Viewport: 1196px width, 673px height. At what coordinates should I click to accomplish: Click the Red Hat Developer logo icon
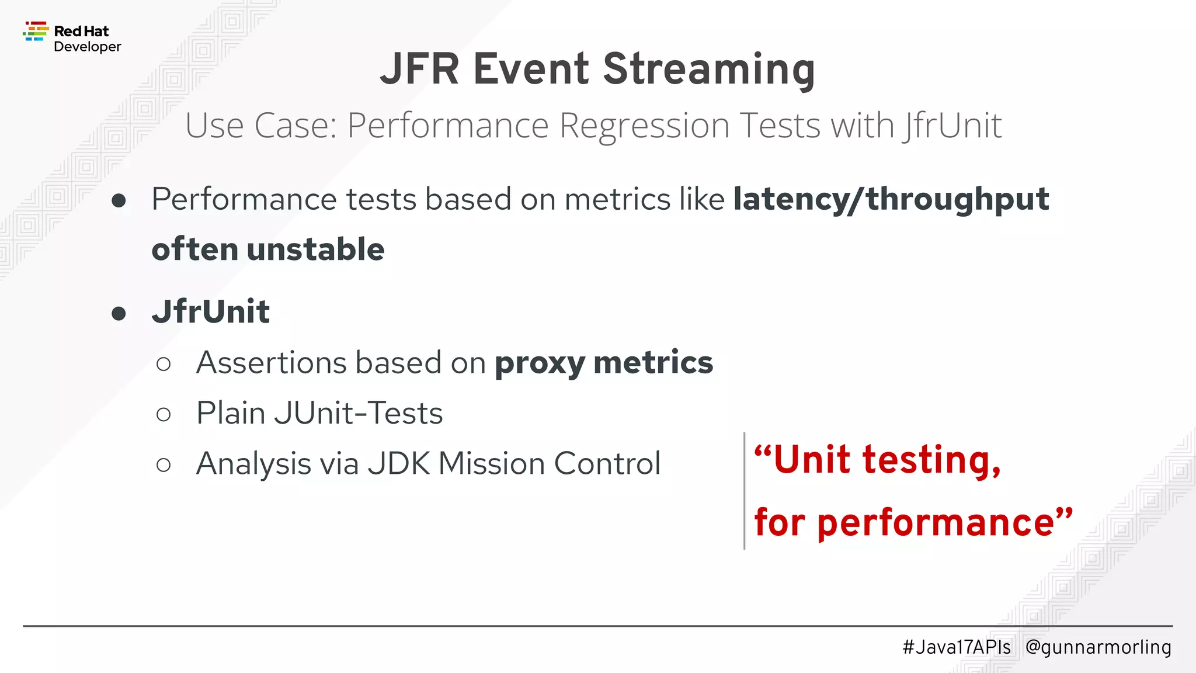coord(35,32)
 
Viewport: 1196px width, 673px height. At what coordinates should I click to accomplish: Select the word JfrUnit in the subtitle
coord(952,126)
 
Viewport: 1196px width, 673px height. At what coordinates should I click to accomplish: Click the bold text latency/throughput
coord(891,200)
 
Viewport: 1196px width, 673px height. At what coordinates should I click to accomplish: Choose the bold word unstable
coord(315,249)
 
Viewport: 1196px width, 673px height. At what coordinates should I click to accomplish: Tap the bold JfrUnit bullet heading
coord(211,311)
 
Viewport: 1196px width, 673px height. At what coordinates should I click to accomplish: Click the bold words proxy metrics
coord(603,363)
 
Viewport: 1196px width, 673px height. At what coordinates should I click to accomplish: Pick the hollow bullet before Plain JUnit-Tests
coord(164,415)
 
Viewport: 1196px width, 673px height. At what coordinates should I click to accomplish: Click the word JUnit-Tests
coord(358,414)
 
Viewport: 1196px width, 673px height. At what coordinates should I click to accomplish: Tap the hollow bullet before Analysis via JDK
coord(164,465)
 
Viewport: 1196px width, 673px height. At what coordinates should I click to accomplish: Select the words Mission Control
coord(549,464)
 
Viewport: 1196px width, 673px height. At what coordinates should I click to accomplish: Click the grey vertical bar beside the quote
coord(744,491)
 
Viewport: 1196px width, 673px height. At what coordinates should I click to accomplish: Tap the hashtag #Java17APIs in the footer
coord(956,647)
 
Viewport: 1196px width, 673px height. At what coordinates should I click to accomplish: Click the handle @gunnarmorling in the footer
coord(1098,647)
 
